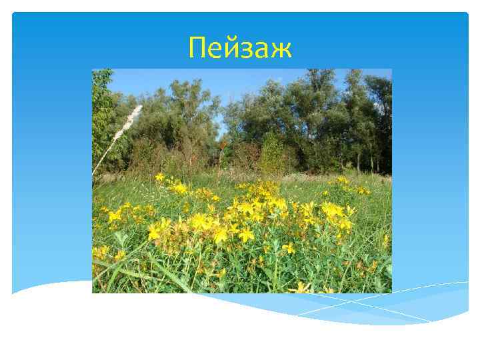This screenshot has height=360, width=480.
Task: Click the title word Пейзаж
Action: pyautogui.click(x=240, y=48)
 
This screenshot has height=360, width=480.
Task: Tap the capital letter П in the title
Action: pyautogui.click(x=197, y=47)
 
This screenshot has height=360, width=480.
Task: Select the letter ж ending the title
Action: pyautogui.click(x=280, y=50)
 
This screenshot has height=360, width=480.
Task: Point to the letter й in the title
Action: pyautogui.click(x=230, y=48)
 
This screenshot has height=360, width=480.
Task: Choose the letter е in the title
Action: pyautogui.click(x=214, y=50)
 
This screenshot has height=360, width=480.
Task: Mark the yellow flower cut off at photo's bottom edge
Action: pyautogui.click(x=303, y=288)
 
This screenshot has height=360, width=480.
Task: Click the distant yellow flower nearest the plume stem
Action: pyautogui.click(x=159, y=177)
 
